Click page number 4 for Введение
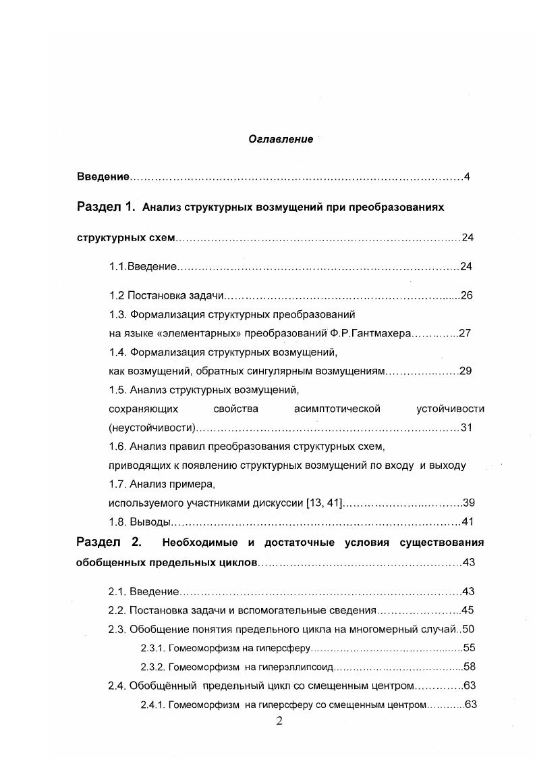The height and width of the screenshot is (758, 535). [466, 177]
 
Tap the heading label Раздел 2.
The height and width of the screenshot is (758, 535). [108, 542]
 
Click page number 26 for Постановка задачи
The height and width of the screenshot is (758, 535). [466, 295]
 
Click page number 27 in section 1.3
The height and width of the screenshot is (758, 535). [464, 333]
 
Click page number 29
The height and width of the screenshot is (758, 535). [465, 371]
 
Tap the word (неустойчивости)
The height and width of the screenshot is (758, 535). [152, 428]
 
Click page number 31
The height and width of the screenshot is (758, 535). [466, 428]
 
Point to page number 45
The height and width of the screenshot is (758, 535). [468, 610]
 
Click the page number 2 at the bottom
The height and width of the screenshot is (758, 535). [279, 721]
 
